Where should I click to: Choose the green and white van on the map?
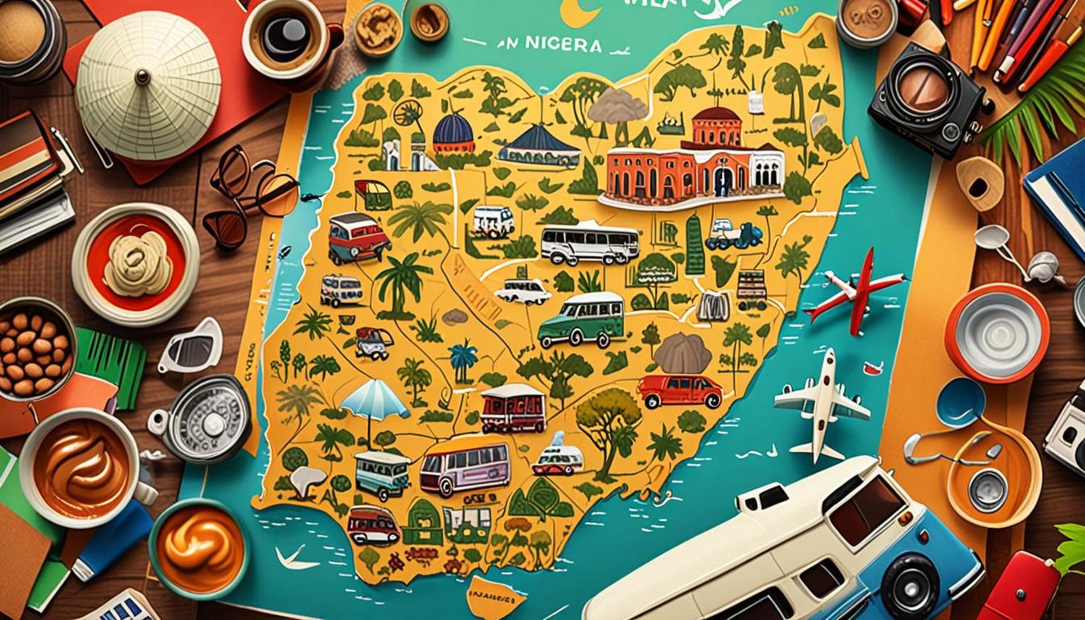[x=581, y=320]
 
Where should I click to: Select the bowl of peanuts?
[x=33, y=348]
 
